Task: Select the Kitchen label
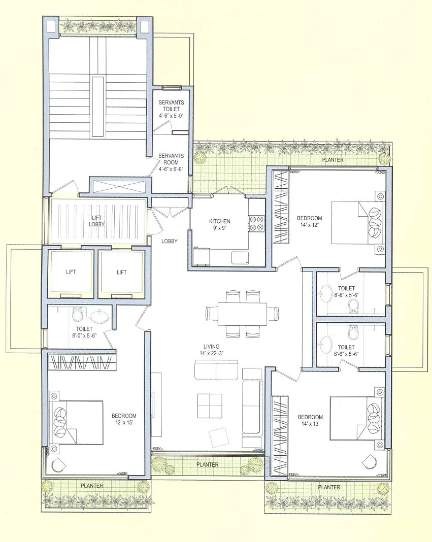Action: [220, 221]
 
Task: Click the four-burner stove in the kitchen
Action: [256, 224]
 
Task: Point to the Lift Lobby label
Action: [96, 221]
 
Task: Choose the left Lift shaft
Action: [71, 273]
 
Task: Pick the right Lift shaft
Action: [121, 273]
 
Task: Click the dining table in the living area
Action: [242, 314]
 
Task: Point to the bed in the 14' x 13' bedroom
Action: [354, 418]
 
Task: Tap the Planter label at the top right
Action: [333, 160]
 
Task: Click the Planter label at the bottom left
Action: [92, 486]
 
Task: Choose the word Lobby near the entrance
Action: [170, 241]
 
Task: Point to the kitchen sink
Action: [240, 257]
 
